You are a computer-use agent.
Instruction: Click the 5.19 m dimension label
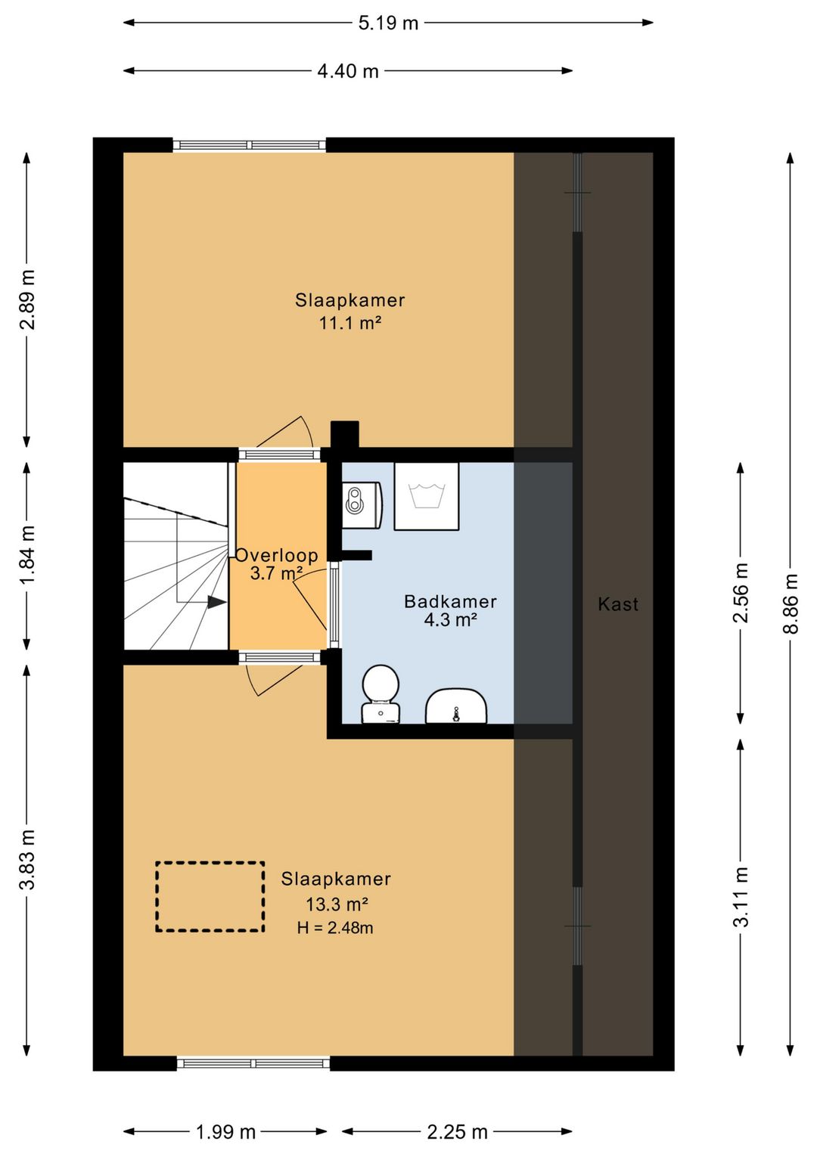[x=388, y=23]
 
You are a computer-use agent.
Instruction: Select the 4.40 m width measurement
[x=348, y=71]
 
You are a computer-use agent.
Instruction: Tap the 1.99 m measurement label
[x=225, y=1132]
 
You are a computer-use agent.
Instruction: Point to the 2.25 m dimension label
[x=457, y=1132]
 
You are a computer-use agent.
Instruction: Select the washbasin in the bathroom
[x=456, y=706]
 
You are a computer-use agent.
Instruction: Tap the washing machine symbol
[x=427, y=495]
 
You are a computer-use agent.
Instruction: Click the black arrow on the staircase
[x=217, y=602]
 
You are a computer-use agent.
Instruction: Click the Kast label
[x=618, y=603]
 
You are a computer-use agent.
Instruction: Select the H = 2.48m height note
[x=335, y=928]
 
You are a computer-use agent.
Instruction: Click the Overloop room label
[x=277, y=555]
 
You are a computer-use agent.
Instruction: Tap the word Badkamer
[x=451, y=601]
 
